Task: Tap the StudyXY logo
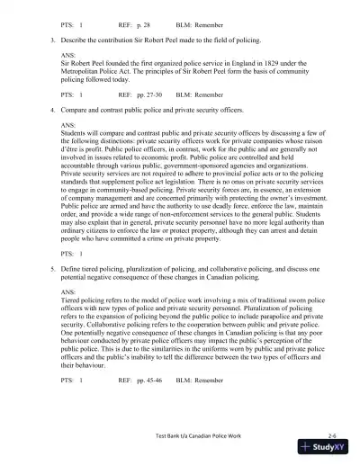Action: [x=322, y=450]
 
